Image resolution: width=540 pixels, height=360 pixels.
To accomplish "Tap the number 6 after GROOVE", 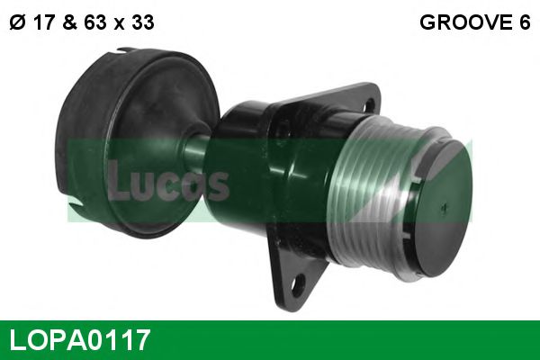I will tap(524, 23).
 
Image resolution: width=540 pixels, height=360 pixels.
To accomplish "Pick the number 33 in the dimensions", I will tap(140, 23).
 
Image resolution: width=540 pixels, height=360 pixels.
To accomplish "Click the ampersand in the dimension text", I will tap(69, 23).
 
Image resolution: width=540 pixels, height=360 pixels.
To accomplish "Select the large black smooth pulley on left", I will tap(126, 144).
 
